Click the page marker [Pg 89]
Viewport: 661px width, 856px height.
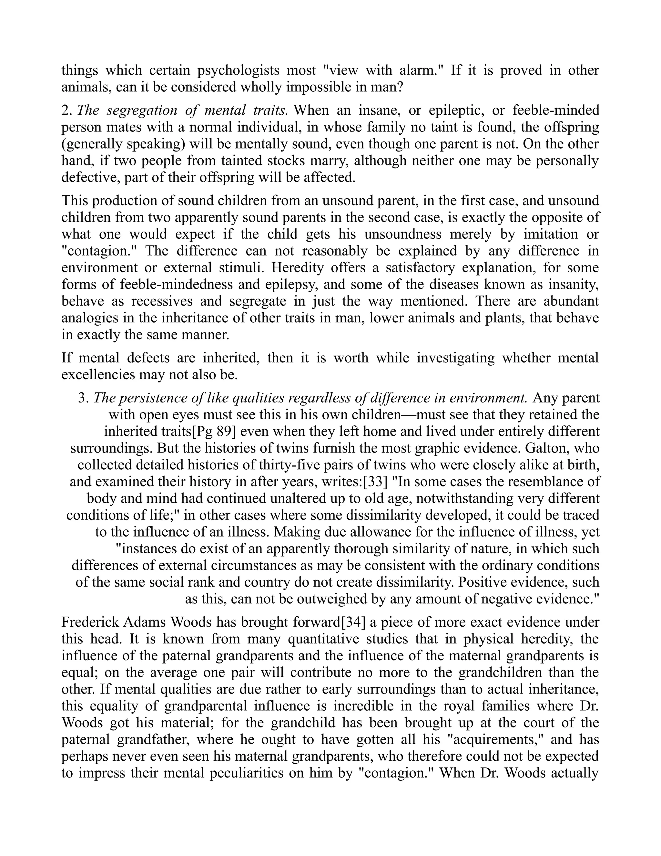click(x=215, y=432)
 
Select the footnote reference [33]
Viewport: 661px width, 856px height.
click(x=375, y=482)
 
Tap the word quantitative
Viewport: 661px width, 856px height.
click(x=323, y=639)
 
